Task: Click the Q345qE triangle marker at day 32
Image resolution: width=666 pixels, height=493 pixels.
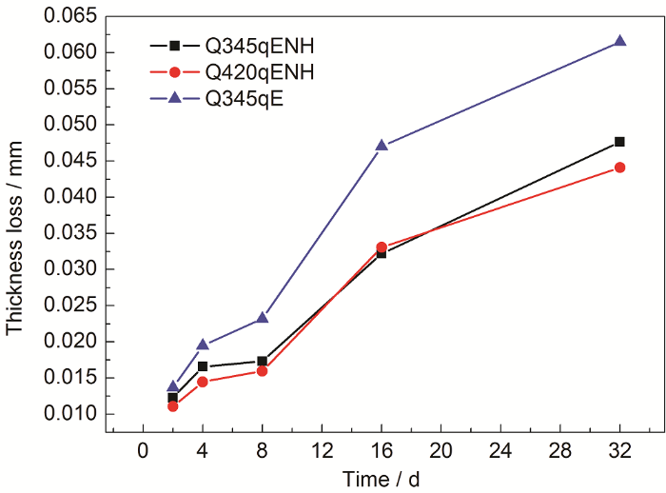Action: point(620,41)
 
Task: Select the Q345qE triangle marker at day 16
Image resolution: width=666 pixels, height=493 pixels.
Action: point(382,145)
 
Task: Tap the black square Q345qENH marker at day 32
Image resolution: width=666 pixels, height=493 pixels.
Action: point(620,142)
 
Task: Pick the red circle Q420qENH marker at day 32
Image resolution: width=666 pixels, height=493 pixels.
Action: point(620,168)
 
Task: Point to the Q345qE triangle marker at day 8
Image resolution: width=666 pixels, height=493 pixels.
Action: point(263,317)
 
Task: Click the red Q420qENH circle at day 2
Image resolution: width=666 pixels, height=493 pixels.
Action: point(173,406)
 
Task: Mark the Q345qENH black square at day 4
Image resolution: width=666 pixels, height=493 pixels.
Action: point(203,366)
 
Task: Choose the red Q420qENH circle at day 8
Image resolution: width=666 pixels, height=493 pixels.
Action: point(263,370)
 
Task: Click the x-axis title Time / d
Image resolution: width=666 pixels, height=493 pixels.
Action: point(381,478)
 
